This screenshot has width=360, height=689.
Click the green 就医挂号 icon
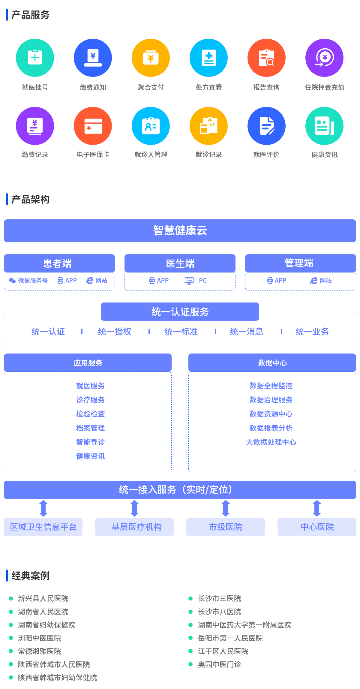click(35, 58)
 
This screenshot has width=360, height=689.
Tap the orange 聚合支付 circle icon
click(151, 58)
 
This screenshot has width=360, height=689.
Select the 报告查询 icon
click(266, 58)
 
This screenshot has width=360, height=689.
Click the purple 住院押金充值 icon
click(324, 58)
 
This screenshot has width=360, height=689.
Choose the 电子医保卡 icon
click(93, 126)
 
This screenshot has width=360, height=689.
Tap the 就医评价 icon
click(266, 126)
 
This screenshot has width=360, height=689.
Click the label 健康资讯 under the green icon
click(325, 155)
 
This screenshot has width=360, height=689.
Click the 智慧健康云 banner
click(180, 230)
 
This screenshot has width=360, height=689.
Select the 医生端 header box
click(180, 263)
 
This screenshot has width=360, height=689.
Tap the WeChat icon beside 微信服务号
click(12, 281)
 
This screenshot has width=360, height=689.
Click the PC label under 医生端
click(203, 281)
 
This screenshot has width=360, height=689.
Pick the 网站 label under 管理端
click(326, 281)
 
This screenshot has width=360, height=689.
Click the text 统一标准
click(181, 332)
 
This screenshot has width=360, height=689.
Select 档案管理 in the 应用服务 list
click(90, 428)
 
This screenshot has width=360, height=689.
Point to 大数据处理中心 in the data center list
click(271, 442)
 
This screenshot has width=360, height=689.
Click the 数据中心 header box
click(272, 363)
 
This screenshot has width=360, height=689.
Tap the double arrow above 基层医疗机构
click(135, 508)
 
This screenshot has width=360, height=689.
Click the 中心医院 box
click(317, 527)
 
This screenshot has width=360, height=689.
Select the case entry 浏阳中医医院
click(40, 638)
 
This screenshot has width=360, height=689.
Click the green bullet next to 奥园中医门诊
click(190, 664)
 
